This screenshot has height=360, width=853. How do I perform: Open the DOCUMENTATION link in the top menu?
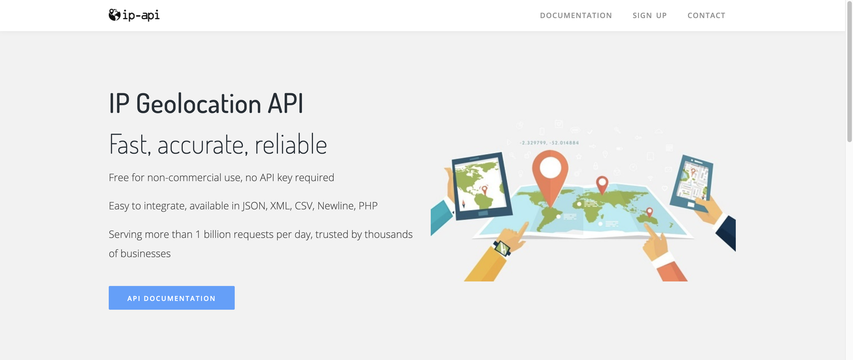coord(576,16)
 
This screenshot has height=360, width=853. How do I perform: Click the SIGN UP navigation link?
coord(650,16)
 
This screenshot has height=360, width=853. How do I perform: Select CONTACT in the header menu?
coord(706,16)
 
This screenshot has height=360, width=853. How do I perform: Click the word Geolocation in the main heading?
coord(199,104)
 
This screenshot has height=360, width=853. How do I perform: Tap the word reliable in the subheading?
coord(291,144)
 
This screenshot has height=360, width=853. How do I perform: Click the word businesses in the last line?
coord(145,253)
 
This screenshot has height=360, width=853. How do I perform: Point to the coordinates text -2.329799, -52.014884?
coord(549,143)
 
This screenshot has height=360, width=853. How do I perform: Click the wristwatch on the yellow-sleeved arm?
coord(502,248)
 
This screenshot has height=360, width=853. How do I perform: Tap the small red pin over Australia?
coord(649,212)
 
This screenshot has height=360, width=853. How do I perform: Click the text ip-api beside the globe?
coord(141,15)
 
